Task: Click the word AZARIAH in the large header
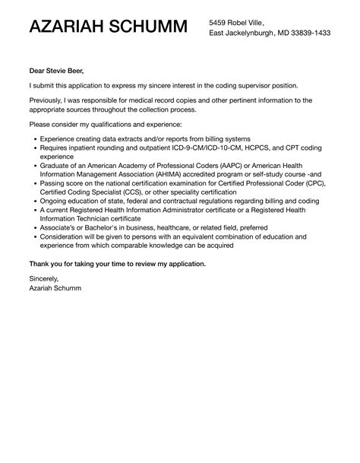point(66,28)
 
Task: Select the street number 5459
point(219,23)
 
